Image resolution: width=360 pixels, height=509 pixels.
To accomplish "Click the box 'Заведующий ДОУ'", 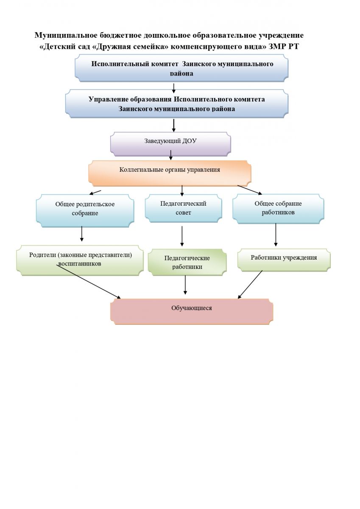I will coord(170,142).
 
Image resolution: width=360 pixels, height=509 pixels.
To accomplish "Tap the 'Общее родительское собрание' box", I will coord(85,209).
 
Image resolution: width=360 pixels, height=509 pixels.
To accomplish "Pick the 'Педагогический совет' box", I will coord(183,208).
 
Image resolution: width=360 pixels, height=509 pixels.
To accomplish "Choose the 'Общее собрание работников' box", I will coord(278,208).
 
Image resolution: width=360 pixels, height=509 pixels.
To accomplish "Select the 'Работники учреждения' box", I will coord(283,258).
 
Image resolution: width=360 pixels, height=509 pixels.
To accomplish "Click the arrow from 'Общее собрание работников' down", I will coord(276,235).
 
